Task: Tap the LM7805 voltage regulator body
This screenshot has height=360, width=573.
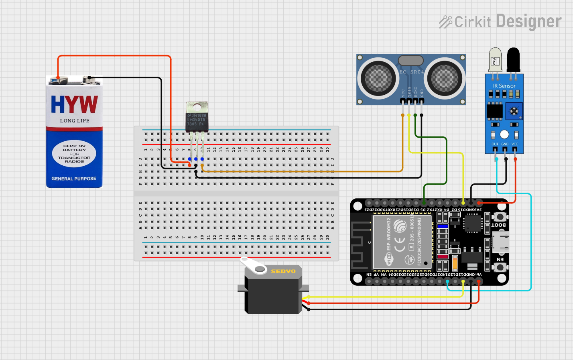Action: (x=197, y=120)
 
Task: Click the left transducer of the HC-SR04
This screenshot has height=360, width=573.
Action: (x=378, y=79)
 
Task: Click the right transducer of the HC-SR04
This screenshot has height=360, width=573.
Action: (x=444, y=79)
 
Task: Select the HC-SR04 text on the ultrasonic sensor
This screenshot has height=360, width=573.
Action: (x=412, y=72)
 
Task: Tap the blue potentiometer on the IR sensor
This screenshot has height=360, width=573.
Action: (x=514, y=111)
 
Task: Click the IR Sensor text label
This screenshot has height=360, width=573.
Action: (x=504, y=86)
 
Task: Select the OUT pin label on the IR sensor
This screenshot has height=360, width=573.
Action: (x=495, y=144)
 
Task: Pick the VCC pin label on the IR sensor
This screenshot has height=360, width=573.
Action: (x=515, y=144)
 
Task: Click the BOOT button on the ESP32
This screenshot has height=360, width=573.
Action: (x=500, y=217)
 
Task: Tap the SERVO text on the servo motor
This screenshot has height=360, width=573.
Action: (x=283, y=271)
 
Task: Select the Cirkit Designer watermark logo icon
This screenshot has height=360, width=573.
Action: (x=445, y=22)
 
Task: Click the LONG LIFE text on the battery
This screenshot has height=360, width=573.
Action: (x=75, y=121)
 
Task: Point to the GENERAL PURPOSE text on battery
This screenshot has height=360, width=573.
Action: (x=74, y=179)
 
